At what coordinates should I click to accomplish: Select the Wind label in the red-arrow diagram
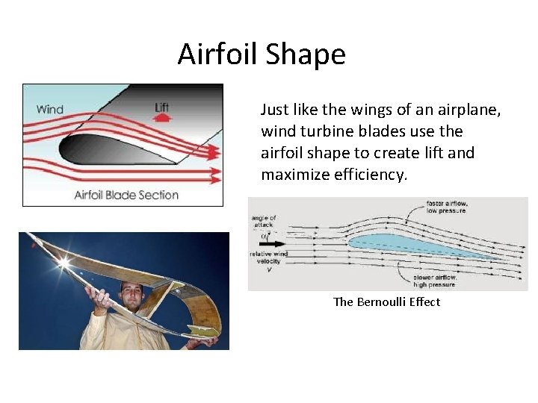[50, 110]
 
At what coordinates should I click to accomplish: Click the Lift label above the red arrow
[161, 107]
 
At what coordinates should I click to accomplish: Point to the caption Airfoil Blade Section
[126, 195]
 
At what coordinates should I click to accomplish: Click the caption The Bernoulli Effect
[386, 302]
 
